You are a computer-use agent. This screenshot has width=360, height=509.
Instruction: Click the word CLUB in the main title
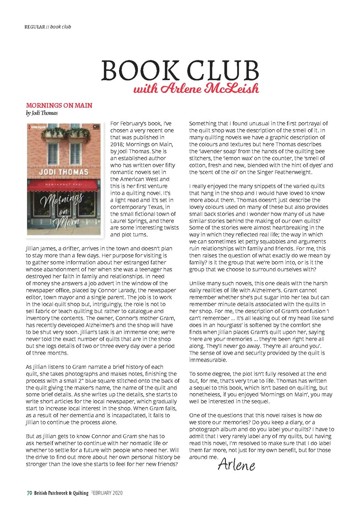click(221, 71)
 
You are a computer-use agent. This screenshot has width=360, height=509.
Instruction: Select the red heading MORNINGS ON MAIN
click(59, 106)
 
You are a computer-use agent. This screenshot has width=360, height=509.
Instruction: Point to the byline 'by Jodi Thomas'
click(42, 113)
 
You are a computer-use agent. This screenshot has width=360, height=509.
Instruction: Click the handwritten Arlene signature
click(236, 465)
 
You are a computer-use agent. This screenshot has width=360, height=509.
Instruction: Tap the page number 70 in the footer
click(29, 493)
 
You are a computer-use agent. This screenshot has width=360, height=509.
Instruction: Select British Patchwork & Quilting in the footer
click(61, 493)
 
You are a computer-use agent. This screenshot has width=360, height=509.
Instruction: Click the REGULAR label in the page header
click(35, 27)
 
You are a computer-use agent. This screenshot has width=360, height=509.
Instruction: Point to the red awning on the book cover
click(63, 186)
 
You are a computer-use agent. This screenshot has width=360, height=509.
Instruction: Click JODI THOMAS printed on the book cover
click(64, 172)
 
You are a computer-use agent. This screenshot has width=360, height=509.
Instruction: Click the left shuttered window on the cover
click(53, 153)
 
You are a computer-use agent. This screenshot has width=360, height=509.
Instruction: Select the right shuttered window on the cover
click(75, 153)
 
